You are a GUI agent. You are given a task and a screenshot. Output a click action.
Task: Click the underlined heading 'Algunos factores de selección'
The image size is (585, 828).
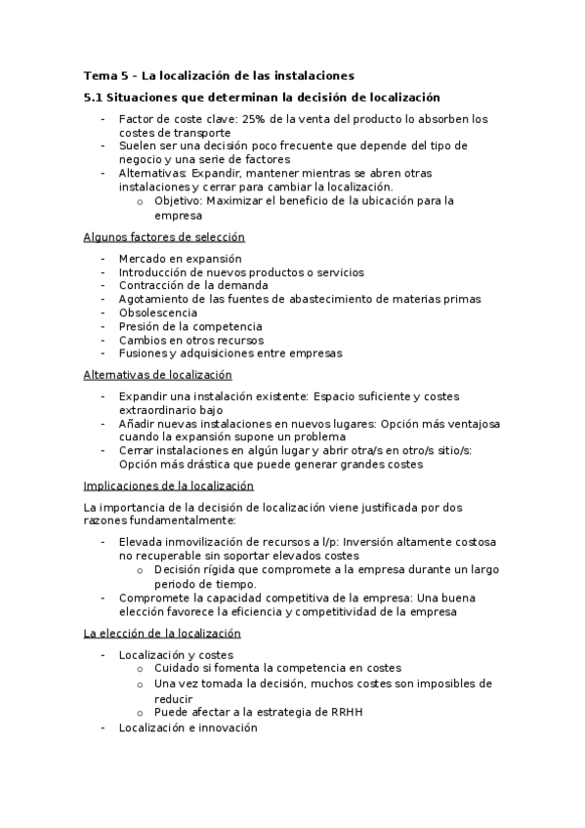[x=164, y=237]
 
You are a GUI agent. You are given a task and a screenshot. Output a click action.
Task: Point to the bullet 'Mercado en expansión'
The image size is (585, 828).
[x=180, y=258]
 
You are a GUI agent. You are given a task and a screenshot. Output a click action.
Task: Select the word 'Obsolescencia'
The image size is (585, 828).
[x=157, y=312]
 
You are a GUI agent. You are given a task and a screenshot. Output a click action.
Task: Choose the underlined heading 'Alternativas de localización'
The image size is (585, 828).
[x=158, y=374]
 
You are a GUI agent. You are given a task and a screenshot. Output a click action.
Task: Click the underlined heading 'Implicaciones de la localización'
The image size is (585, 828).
[x=168, y=485]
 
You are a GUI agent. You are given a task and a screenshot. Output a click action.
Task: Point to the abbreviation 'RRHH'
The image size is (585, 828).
[x=347, y=712]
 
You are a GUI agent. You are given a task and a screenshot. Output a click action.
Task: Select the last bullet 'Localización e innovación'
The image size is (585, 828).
[x=188, y=727]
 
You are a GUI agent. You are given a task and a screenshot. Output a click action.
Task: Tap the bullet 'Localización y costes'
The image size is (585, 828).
[x=176, y=654]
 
